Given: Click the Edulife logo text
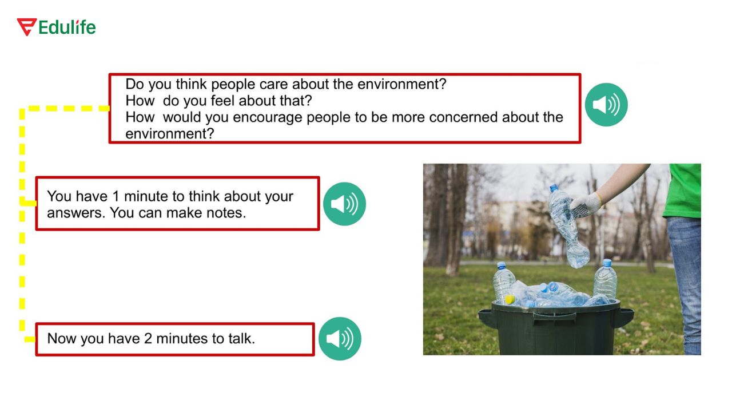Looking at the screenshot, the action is click(67, 27).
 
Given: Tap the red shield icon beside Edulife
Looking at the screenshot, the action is click(26, 27).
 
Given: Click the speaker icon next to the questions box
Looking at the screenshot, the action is click(606, 105).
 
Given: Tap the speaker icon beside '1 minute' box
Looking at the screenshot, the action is click(344, 204).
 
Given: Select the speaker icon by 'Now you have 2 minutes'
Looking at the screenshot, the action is click(340, 339).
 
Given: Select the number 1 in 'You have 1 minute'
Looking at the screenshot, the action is click(116, 196).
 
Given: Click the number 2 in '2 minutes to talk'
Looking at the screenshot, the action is click(148, 339).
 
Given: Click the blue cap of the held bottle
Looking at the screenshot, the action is click(554, 188).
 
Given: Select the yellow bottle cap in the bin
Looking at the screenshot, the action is click(510, 299).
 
